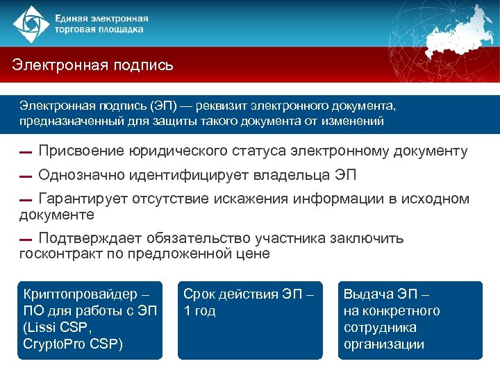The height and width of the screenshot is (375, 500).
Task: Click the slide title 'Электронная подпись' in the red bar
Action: (x=92, y=66)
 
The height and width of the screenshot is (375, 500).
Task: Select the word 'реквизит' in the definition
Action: (x=222, y=106)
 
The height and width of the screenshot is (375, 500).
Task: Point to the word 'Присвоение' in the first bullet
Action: (x=81, y=151)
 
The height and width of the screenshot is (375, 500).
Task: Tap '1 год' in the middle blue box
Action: (x=199, y=311)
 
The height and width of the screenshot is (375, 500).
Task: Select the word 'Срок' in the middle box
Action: (x=198, y=294)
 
